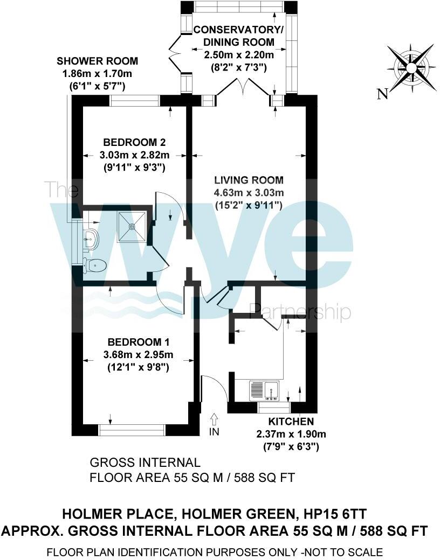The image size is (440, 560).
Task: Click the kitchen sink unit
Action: click(264, 390)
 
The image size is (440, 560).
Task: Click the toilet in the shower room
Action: click(95, 264)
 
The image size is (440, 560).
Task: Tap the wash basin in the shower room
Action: click(90, 237)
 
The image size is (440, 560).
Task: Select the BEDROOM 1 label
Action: click(133, 342)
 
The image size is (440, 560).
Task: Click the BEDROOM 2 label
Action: click(134, 143)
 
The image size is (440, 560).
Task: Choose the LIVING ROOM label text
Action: click(249, 180)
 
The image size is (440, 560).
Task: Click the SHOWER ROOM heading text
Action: click(97, 61)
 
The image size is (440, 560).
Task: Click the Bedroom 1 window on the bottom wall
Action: click(132, 429)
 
